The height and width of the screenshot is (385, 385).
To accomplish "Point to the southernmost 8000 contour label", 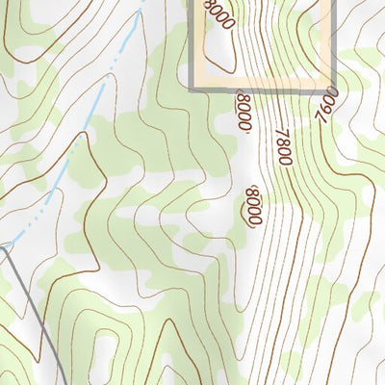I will (254, 205).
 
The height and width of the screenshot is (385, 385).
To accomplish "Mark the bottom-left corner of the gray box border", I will (191, 90).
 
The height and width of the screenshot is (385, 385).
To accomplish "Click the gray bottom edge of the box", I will (260, 90).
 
